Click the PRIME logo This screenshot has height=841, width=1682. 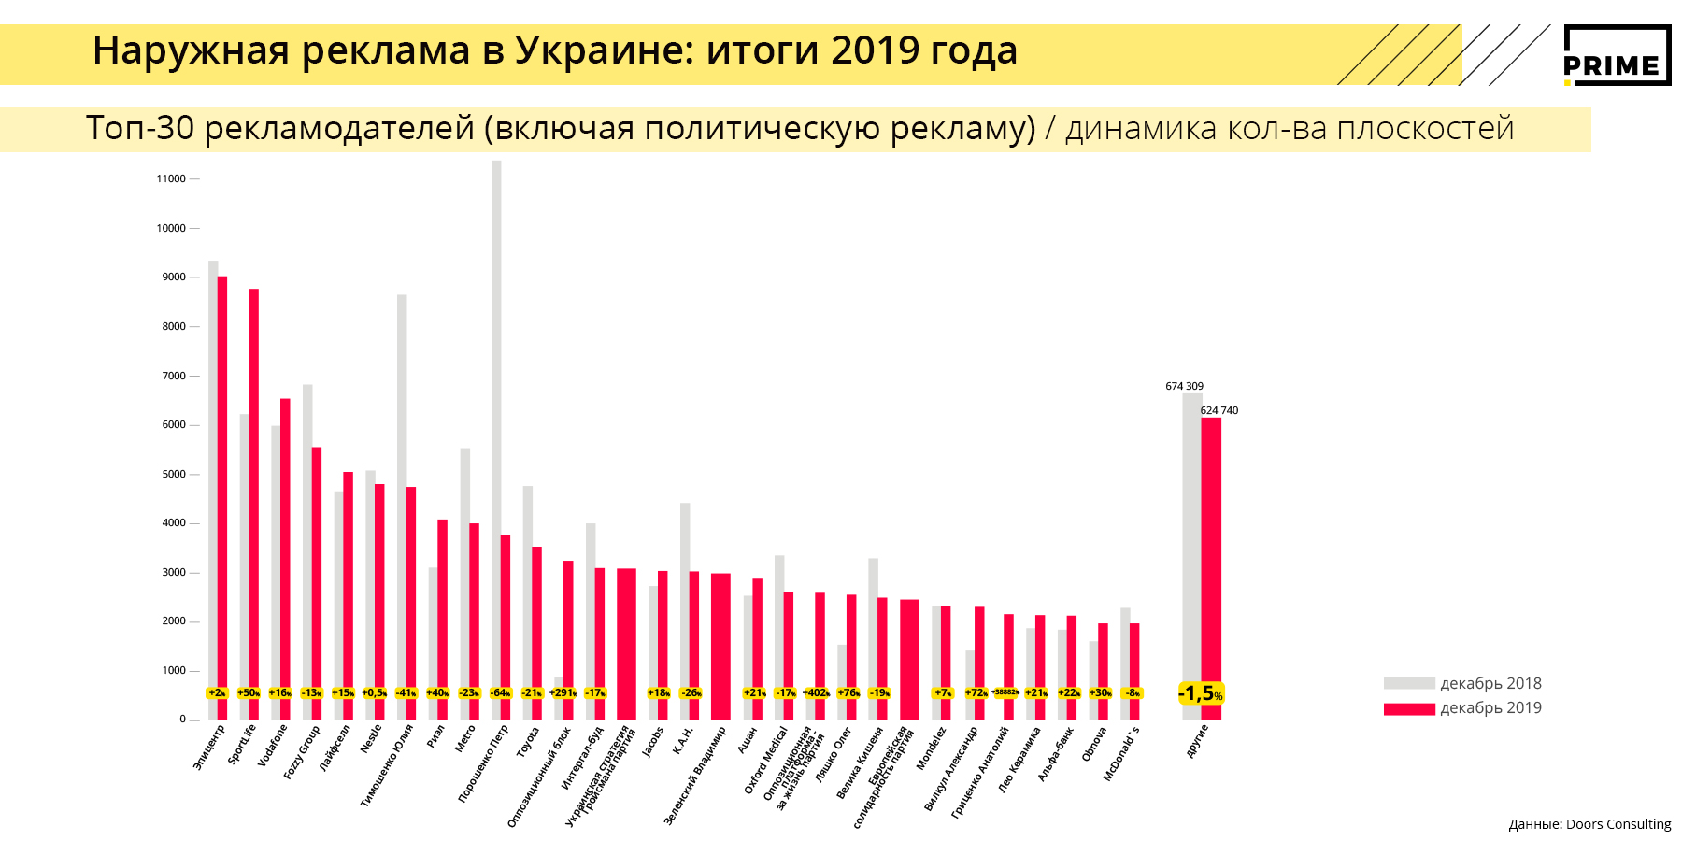coord(1617,55)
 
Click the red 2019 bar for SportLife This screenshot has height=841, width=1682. coord(253,486)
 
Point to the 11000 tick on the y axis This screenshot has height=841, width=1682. coord(172,178)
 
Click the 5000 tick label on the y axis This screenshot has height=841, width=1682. coord(174,474)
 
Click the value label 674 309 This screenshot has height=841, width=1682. coord(1184,386)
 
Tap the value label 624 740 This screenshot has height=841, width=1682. coord(1219,410)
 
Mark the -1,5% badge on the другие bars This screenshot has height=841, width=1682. coord(1201,693)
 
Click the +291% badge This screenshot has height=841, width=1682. coord(563,693)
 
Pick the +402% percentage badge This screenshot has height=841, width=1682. coord(815,693)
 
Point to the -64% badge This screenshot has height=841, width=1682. coord(501,693)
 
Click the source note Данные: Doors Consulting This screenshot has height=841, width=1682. coord(1589,824)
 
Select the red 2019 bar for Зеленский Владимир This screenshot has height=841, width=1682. coord(720,645)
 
